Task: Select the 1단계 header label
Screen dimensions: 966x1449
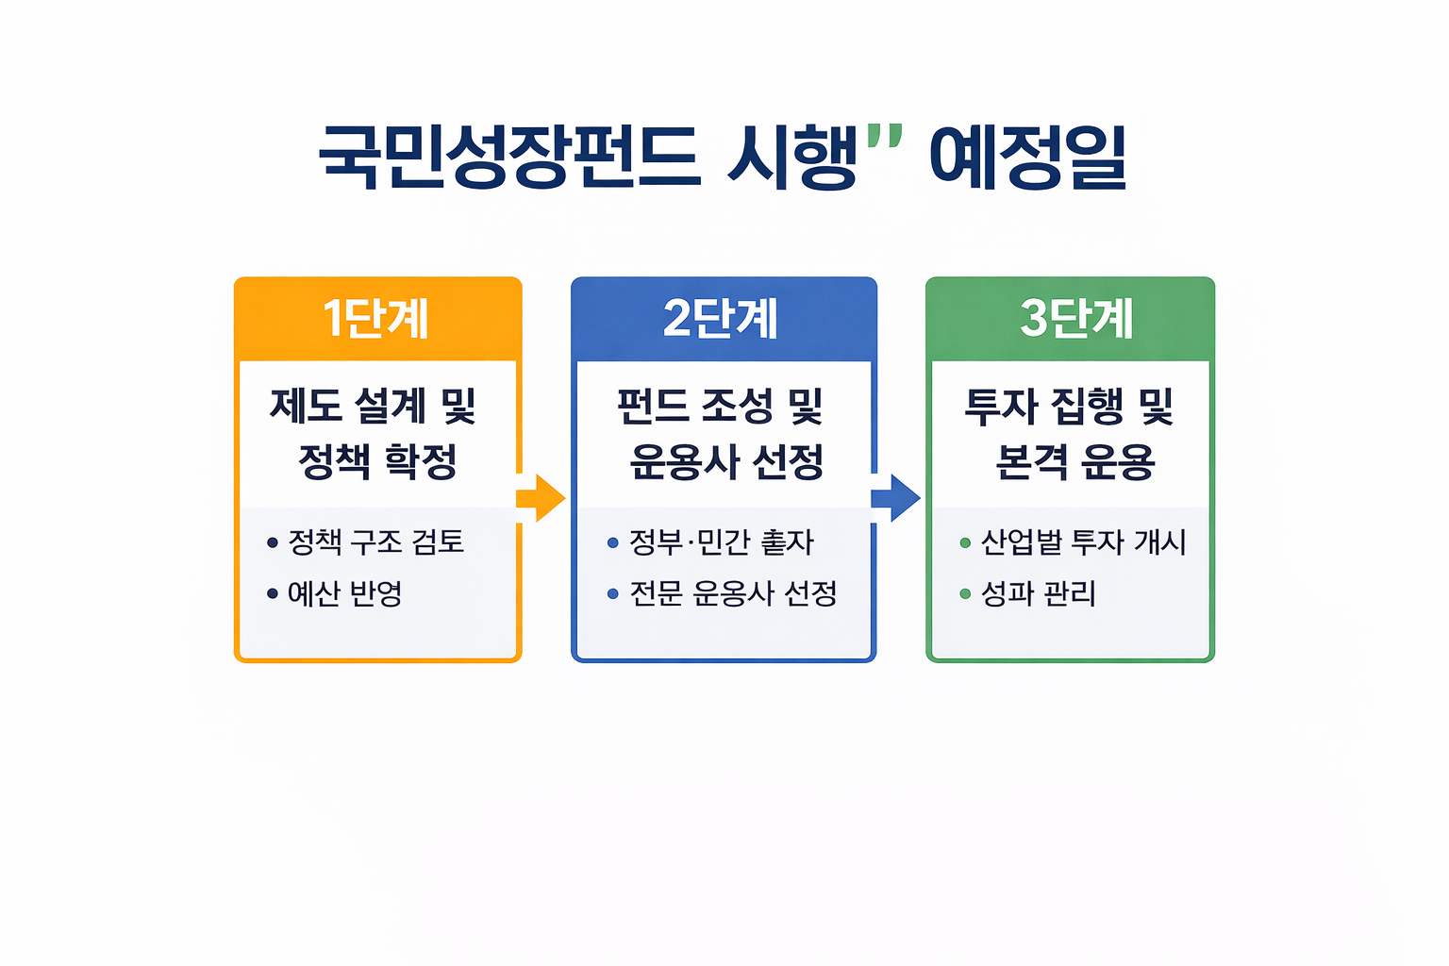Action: [376, 319]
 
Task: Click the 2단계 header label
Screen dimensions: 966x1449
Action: [722, 319]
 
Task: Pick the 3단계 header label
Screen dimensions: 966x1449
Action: [1076, 319]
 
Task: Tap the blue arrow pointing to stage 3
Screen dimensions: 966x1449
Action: [895, 498]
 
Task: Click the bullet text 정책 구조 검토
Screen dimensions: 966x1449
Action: [376, 542]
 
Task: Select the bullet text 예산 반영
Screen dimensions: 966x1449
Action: [345, 593]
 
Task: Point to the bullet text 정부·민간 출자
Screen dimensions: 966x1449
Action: [722, 542]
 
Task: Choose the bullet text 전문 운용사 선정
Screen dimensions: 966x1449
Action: [733, 593]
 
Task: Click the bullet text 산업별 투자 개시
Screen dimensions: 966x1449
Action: [1084, 542]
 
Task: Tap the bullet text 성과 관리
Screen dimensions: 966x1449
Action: [1039, 593]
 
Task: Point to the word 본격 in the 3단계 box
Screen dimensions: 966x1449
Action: [1031, 461]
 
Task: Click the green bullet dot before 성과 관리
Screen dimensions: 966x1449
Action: [965, 593]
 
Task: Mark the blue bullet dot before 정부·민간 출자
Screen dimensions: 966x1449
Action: [613, 542]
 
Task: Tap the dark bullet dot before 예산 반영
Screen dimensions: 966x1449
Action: [273, 593]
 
